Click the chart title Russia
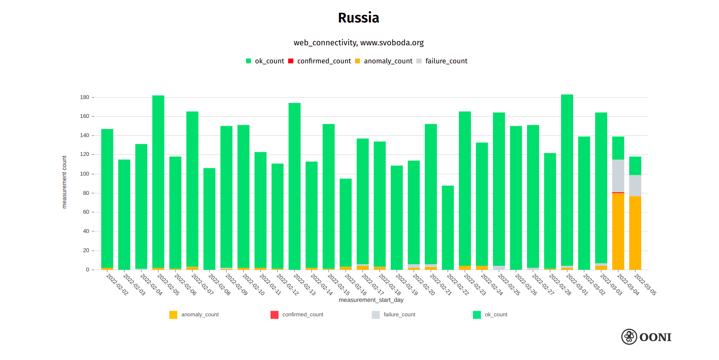click(x=358, y=18)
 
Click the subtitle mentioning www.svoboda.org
click(x=358, y=43)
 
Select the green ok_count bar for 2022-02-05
click(x=158, y=180)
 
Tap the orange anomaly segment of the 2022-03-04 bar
click(x=618, y=231)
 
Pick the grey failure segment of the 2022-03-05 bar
click(x=635, y=186)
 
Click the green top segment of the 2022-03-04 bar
click(x=618, y=148)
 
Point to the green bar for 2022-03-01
click(x=567, y=180)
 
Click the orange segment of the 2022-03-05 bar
click(x=635, y=233)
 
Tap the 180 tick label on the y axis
click(x=85, y=97)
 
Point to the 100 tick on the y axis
click(x=85, y=174)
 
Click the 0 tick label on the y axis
click(x=87, y=270)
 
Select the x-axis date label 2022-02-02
click(x=117, y=284)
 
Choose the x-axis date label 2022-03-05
click(x=645, y=284)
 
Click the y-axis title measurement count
click(x=64, y=182)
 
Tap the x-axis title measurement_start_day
click(x=371, y=300)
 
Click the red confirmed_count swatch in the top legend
click(x=291, y=61)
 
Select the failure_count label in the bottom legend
click(x=399, y=315)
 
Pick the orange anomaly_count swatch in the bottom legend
click(x=173, y=315)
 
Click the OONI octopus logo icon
click(x=629, y=337)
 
